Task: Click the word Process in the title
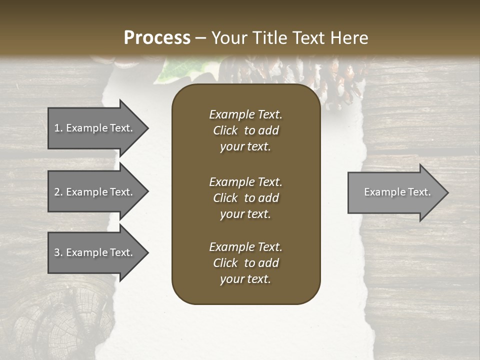click(157, 37)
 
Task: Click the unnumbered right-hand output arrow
click(395, 192)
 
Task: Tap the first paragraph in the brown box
click(245, 130)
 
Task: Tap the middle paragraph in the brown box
click(245, 198)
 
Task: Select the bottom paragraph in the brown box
click(245, 263)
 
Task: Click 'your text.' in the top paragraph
click(245, 147)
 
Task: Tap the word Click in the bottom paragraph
click(225, 263)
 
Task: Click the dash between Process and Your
click(200, 38)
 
